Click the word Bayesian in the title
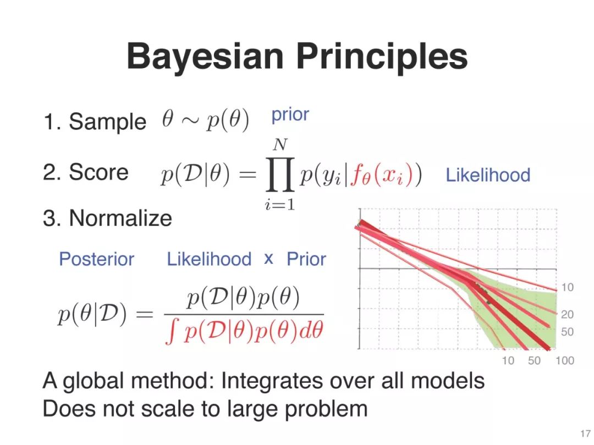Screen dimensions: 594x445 205,57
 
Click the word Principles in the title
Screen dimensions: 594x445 382,57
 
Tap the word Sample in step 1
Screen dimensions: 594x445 108,122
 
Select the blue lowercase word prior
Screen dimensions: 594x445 290,114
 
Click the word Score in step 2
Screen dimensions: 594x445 99,172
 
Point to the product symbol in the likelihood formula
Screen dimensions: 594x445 280,175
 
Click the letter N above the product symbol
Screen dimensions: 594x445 280,144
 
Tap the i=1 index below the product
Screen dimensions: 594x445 280,204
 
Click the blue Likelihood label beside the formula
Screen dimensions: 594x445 488,175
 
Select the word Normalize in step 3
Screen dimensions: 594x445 120,218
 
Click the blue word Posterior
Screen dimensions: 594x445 97,259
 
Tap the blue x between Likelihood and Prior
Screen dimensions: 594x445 268,259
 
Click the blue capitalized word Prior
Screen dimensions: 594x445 306,259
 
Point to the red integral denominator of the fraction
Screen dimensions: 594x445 244,332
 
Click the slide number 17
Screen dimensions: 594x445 585,433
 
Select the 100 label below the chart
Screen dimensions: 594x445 565,360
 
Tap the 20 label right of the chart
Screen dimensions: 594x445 567,314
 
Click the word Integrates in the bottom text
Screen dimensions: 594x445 271,381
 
